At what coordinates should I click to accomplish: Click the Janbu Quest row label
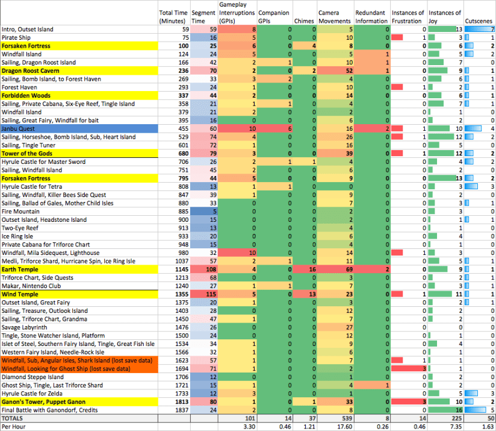tap(17, 128)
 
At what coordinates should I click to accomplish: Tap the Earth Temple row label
tap(22, 269)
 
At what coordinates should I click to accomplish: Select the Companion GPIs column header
tap(274, 16)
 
